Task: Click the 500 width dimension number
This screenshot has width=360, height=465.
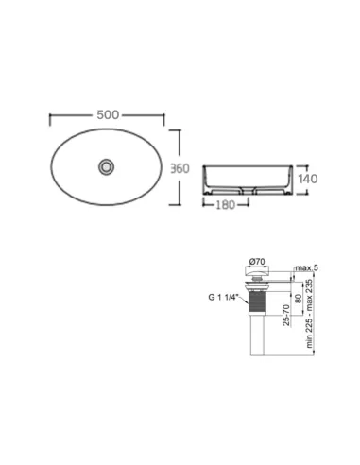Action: click(x=108, y=115)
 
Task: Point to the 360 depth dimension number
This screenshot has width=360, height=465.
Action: click(x=180, y=168)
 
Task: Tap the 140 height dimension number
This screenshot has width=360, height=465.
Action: click(x=308, y=179)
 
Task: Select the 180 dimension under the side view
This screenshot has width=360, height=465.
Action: click(x=226, y=205)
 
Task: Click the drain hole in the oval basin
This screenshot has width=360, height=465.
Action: click(x=106, y=166)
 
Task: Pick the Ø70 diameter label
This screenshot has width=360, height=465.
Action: click(x=257, y=262)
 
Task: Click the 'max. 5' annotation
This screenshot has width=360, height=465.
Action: click(x=306, y=268)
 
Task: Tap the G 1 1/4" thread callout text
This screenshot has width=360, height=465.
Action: click(x=224, y=298)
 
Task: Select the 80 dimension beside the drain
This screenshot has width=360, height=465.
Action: click(x=298, y=299)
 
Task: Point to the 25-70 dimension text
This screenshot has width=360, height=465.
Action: click(x=286, y=315)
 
